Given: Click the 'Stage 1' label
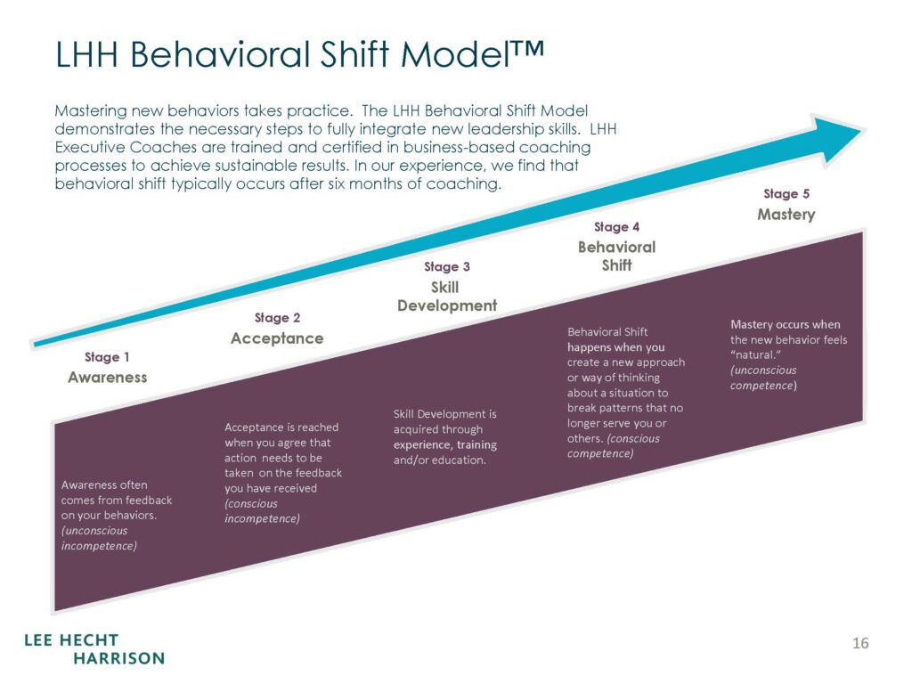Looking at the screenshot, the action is (x=107, y=357).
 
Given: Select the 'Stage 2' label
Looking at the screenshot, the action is (x=278, y=318).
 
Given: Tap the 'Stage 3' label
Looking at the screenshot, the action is (x=447, y=266).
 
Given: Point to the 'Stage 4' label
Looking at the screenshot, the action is (x=616, y=227).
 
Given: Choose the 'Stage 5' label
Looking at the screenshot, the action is (x=786, y=193).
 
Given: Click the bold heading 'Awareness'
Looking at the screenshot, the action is (x=108, y=378).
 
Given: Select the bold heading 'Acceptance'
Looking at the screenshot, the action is (x=277, y=338).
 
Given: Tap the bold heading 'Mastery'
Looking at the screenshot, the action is (x=786, y=215).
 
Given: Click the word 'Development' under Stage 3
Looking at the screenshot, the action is (x=447, y=306).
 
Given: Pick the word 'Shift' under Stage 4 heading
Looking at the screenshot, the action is (x=616, y=265).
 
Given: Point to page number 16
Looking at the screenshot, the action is (x=860, y=643).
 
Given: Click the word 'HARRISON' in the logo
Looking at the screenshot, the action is (x=119, y=658).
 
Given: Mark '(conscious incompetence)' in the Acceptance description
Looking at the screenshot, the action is (x=263, y=511).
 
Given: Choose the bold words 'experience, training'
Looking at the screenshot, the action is (x=445, y=445).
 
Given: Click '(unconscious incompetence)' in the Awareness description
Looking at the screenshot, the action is (x=99, y=538).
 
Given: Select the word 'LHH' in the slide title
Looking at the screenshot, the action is (x=86, y=54).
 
